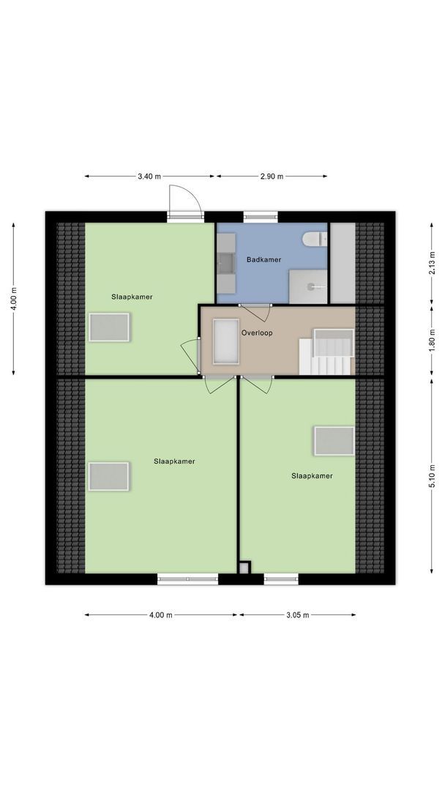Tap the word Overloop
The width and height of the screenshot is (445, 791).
pos(257,332)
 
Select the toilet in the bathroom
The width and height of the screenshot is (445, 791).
pos(314,239)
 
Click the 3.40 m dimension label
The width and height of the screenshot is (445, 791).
pos(149,177)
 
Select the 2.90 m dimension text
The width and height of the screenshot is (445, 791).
pos(271,177)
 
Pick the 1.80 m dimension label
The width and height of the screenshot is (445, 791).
pos(432,340)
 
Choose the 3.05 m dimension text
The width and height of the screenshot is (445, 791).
pos(296,614)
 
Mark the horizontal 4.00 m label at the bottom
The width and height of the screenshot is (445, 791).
pos(160,614)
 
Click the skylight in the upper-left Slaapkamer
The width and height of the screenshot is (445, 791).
pos(110,327)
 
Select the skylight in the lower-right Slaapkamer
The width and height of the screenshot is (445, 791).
pos(334,440)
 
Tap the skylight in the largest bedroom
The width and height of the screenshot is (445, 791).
pos(109,476)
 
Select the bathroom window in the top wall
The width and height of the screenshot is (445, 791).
pos(261,216)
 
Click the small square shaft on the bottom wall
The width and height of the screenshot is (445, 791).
pos(244,567)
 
